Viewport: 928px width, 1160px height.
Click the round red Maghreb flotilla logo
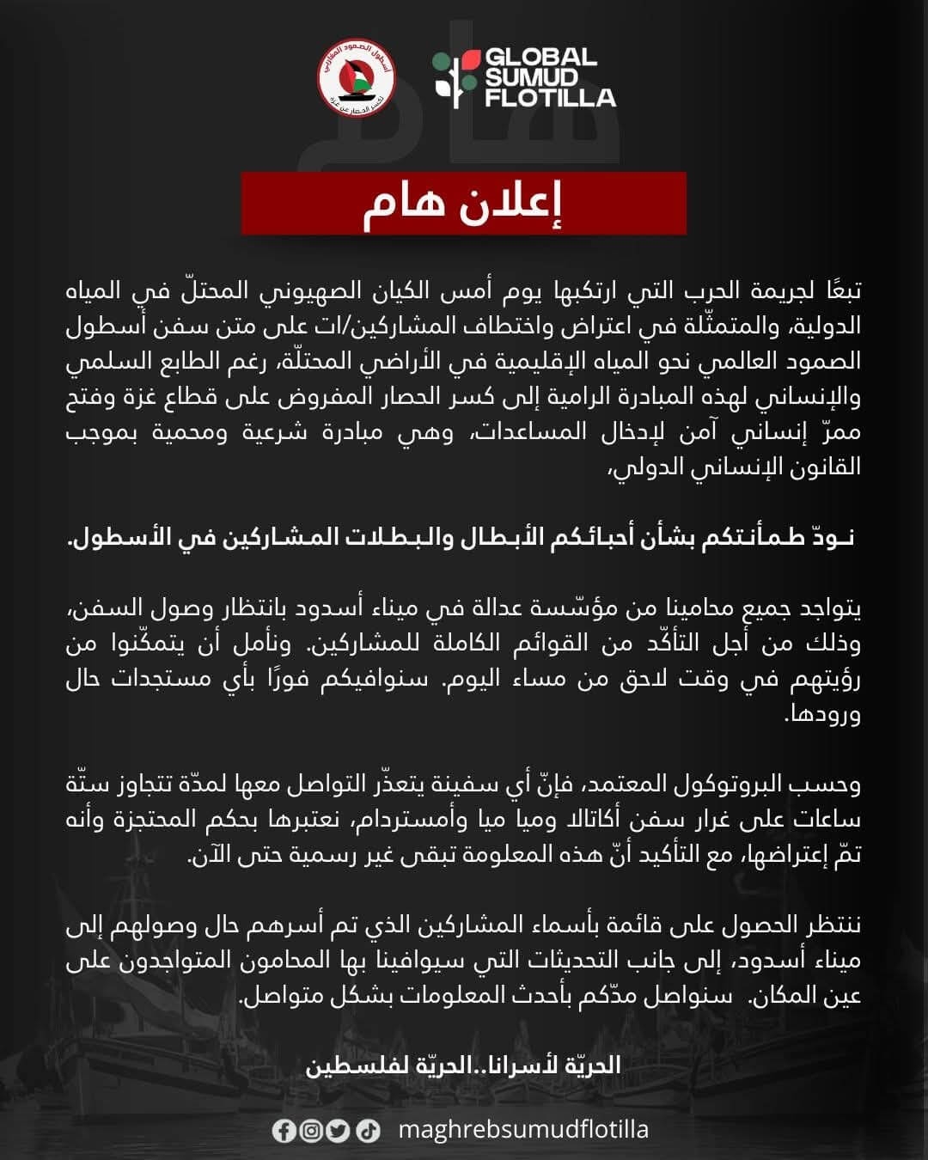[356, 79]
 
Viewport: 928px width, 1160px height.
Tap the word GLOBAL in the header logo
[541, 58]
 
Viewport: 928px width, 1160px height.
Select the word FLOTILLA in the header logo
[551, 97]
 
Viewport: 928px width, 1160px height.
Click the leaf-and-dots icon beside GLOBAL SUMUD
[455, 78]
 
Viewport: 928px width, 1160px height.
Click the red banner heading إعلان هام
[463, 205]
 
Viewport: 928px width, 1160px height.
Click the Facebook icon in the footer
[284, 1131]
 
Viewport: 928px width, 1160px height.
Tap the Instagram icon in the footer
[311, 1131]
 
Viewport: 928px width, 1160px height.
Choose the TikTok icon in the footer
[368, 1131]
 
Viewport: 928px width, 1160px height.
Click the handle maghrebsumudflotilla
[525, 1129]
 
